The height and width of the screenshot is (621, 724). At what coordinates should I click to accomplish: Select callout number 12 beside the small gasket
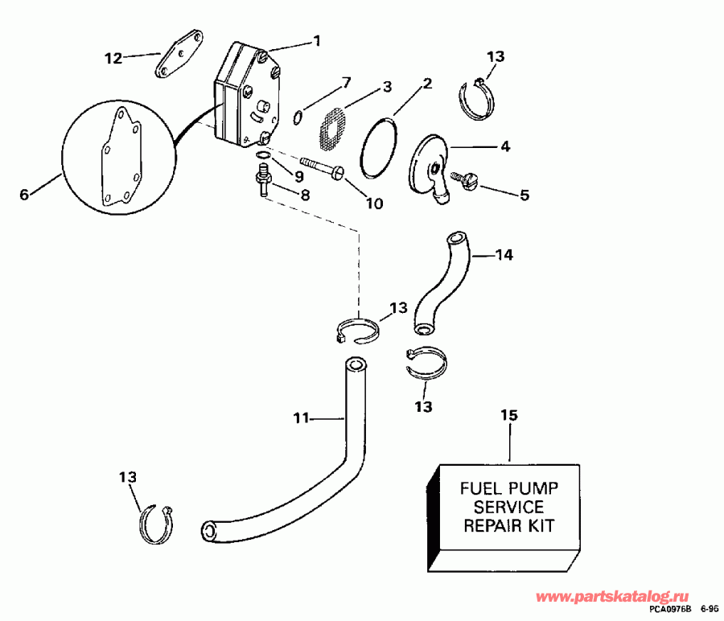click(113, 57)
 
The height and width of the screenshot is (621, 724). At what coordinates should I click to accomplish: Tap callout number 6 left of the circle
click(23, 194)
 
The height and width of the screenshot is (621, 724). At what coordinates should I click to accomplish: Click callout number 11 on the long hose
click(301, 418)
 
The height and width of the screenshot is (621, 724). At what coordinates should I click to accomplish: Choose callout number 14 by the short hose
click(504, 255)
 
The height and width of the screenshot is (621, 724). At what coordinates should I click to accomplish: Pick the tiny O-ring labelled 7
click(298, 117)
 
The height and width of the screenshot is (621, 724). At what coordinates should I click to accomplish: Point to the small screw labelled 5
click(467, 182)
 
